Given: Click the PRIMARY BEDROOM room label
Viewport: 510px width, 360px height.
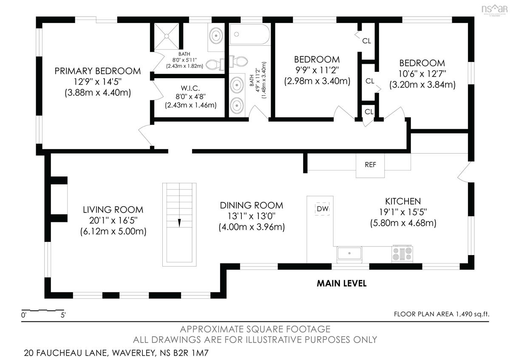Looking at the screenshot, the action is [x=98, y=71].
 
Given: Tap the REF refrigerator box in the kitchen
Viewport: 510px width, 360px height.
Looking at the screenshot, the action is [x=370, y=165].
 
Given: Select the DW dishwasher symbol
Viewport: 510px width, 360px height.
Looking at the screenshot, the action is [x=322, y=209].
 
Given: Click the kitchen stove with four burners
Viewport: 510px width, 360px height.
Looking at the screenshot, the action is [x=402, y=254].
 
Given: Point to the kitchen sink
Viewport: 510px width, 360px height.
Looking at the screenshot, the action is [x=349, y=253].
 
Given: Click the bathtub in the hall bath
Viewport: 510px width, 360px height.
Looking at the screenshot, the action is [x=249, y=34].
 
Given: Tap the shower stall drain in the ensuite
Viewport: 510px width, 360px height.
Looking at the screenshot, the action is [x=167, y=36].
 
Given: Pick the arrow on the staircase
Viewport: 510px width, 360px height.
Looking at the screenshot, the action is [x=179, y=223].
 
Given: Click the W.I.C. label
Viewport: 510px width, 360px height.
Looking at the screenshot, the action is [x=190, y=88].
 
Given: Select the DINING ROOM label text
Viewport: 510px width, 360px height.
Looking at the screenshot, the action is [x=251, y=205].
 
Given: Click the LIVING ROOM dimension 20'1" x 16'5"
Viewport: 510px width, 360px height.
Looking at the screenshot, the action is [x=113, y=221].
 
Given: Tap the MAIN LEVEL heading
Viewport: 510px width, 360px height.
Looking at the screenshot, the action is [x=342, y=283].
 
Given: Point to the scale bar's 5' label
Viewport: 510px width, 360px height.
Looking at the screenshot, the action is [x=63, y=315].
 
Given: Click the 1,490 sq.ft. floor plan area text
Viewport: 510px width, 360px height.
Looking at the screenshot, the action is [x=473, y=314].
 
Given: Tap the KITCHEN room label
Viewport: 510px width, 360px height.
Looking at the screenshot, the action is [x=403, y=201].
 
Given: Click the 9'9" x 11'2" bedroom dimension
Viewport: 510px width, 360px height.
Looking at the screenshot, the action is [x=317, y=70].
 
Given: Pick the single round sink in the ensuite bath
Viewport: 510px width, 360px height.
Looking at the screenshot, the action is [x=216, y=36].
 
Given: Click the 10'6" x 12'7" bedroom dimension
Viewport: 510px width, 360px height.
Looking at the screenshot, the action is [x=422, y=74].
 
